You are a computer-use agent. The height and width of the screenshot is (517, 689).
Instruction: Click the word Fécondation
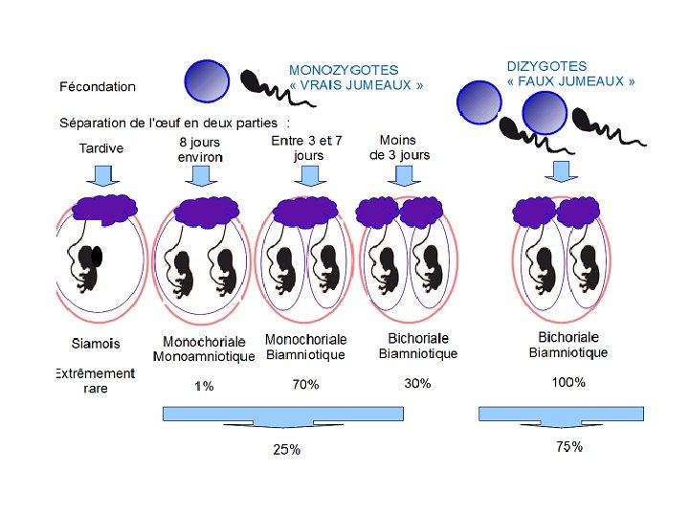[x=98, y=86]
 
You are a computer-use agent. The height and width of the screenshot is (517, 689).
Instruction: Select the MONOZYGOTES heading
[x=344, y=70]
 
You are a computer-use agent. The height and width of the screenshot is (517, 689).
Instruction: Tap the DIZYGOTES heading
[x=546, y=66]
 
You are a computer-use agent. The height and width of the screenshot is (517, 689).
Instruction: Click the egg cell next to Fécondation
[x=208, y=80]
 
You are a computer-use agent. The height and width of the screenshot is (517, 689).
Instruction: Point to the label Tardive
[x=100, y=148]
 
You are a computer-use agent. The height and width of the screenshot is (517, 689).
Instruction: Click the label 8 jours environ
[x=200, y=149]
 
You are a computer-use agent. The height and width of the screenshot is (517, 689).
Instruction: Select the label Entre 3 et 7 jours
[x=308, y=147]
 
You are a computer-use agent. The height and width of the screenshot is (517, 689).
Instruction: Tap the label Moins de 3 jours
[x=399, y=147]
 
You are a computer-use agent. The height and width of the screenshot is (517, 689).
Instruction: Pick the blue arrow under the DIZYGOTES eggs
[x=561, y=171]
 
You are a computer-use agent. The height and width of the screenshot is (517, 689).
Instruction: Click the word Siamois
[x=96, y=343]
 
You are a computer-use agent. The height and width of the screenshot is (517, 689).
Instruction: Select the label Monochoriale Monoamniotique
[x=204, y=349]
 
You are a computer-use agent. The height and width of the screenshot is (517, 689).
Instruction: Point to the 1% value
[x=204, y=387]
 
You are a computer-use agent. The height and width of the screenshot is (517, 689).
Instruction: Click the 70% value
[x=305, y=385]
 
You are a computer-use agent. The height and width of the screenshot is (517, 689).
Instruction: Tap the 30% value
[x=417, y=384]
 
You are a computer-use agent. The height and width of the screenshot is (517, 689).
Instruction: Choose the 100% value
[x=568, y=383]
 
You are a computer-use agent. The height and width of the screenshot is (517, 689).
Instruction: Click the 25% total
[x=287, y=450]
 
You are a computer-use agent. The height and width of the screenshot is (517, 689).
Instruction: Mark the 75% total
[x=569, y=447]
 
